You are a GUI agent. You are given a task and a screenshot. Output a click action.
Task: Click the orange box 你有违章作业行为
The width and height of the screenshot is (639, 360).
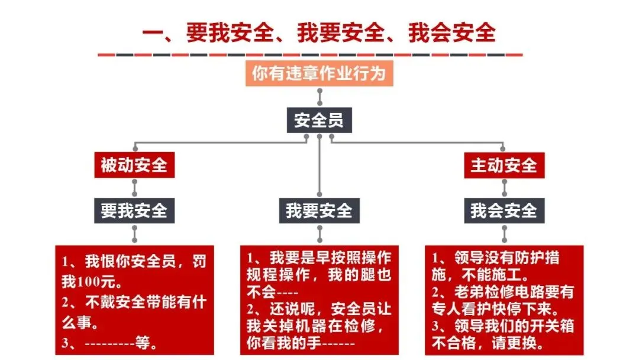[319, 73]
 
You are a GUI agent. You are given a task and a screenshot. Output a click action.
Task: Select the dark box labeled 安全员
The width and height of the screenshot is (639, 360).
[319, 120]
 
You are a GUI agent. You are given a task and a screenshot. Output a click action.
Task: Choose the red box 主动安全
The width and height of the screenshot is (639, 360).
[504, 165]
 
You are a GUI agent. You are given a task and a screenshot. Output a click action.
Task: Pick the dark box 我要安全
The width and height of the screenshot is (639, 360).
[319, 210]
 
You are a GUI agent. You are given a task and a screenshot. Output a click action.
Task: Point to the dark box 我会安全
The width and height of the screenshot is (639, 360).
[504, 210]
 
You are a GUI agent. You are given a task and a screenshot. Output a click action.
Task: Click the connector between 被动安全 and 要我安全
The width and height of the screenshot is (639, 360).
[135, 188]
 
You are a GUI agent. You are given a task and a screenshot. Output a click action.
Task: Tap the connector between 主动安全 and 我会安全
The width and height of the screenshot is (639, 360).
[504, 188]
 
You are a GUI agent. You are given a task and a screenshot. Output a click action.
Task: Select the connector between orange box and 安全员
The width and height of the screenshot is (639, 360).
[319, 97]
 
